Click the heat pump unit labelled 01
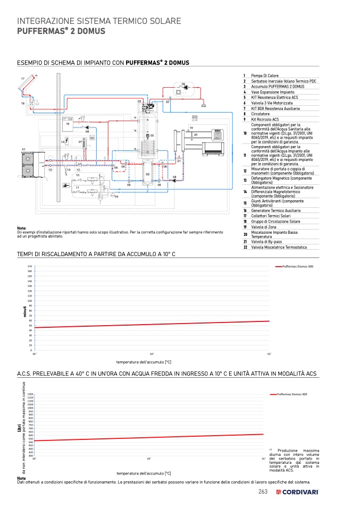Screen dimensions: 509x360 (x=26, y=159)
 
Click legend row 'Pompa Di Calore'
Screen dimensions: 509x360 (x=265, y=75)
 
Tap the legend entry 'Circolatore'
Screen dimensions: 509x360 (x=261, y=114)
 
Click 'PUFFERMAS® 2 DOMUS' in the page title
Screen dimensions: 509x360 (x=61, y=31)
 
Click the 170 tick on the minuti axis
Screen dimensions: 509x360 (x=30, y=266)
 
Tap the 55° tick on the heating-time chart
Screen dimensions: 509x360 (x=269, y=354)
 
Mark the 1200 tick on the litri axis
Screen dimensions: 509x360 (x=30, y=394)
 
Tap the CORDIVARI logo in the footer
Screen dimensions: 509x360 (x=297, y=493)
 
